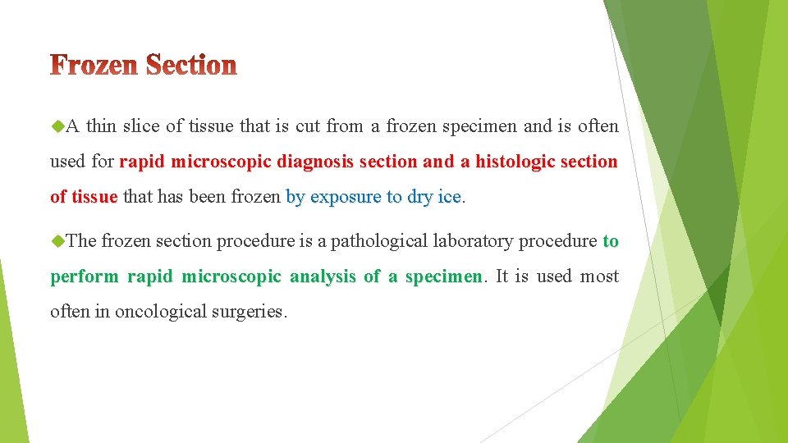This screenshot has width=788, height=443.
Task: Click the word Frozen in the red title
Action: click(x=94, y=66)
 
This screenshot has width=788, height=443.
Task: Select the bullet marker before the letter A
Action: click(x=57, y=126)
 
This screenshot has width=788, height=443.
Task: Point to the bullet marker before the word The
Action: click(x=57, y=240)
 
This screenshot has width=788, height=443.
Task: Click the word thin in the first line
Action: click(x=101, y=126)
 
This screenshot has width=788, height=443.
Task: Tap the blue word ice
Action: click(x=450, y=197)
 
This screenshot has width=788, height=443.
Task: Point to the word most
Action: click(x=599, y=276)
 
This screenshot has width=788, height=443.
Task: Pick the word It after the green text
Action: click(x=502, y=276)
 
